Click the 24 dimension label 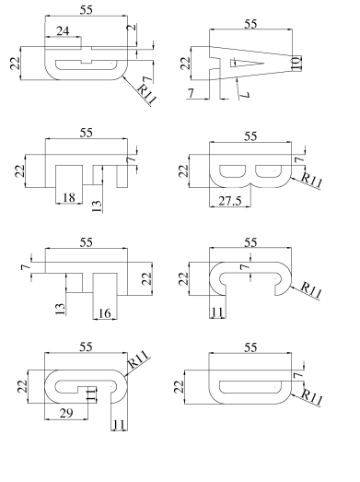[63, 31]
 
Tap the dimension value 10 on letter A [296, 64]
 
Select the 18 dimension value [69, 197]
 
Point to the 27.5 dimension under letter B [230, 201]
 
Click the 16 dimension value [104, 313]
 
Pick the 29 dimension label [66, 414]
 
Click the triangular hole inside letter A [247, 63]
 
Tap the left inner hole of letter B [233, 171]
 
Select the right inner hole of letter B [269, 171]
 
